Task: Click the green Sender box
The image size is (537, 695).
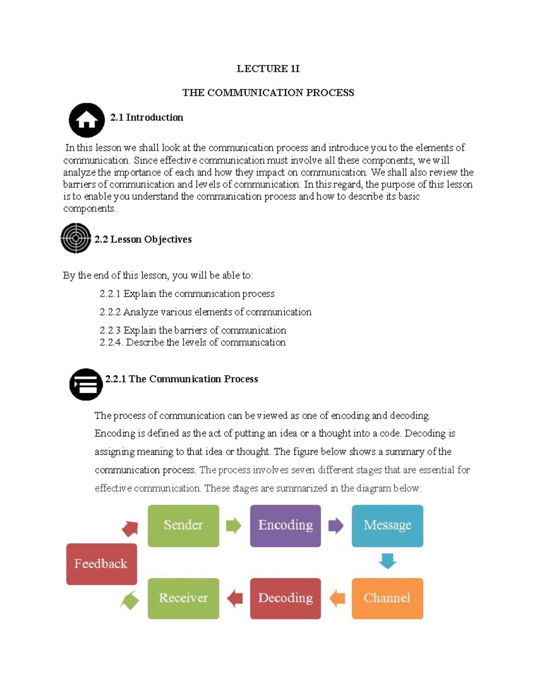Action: (183, 525)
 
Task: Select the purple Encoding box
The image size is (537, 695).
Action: (285, 525)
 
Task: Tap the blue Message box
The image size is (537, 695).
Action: (387, 525)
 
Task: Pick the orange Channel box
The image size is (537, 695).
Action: (387, 598)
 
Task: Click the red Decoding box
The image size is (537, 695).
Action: (285, 598)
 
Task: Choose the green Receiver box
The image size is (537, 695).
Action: (183, 598)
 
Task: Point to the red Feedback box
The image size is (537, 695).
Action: (102, 564)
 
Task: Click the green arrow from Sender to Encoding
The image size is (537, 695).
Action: (234, 525)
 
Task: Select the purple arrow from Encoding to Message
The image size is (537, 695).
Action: (336, 525)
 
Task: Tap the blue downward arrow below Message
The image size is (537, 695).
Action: (388, 561)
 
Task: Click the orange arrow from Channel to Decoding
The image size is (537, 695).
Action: (337, 598)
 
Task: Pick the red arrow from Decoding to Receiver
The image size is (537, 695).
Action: (234, 598)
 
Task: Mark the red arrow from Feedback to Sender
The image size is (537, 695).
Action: (130, 529)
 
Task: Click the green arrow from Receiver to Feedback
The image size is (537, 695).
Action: (129, 600)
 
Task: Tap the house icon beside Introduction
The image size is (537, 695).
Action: (87, 120)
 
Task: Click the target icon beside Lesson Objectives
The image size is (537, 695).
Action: (76, 238)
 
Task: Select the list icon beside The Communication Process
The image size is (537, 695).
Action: (86, 384)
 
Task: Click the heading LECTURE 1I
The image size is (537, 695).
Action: (268, 68)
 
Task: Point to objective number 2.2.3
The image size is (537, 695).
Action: (193, 330)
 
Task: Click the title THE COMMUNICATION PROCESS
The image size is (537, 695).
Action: (268, 93)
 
